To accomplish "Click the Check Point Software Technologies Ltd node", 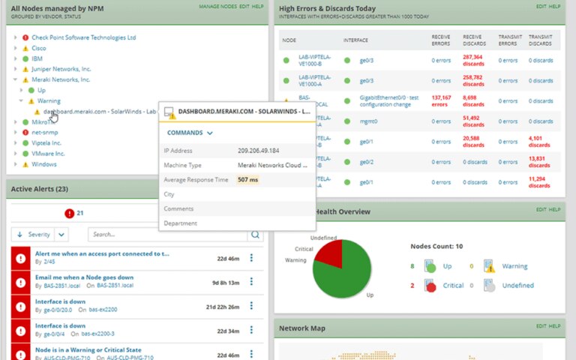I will (83, 37).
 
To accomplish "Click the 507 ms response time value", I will (248, 180).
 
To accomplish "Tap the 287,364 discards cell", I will (472, 60).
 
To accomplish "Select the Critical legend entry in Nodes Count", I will (452, 286).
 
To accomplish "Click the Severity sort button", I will (34, 235).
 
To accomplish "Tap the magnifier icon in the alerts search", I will (256, 235).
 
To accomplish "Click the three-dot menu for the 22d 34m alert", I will (251, 330).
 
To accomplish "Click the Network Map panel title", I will (302, 328).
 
